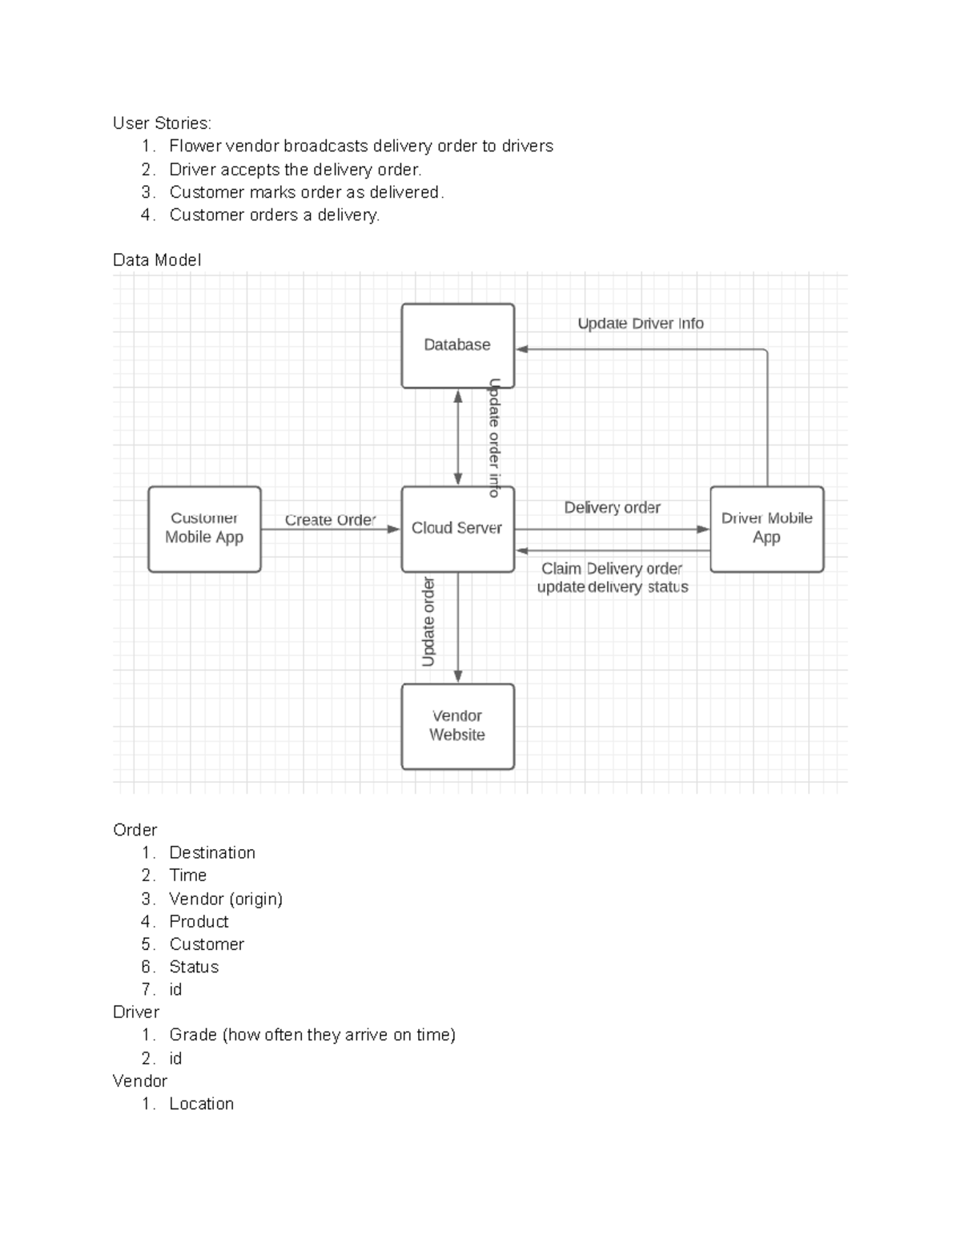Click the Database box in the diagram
(457, 345)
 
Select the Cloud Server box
(457, 529)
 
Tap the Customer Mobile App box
(204, 529)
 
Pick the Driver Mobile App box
(766, 529)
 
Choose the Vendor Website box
(457, 726)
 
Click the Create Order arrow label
(330, 520)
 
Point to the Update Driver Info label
(641, 324)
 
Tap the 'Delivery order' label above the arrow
(612, 508)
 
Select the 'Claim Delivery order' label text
(612, 569)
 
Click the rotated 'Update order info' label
(494, 437)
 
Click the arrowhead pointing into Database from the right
(522, 349)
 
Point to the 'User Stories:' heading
(163, 123)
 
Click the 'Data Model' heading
(157, 260)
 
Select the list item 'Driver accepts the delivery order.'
(295, 170)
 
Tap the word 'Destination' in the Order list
(212, 853)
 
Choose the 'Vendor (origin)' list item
(226, 899)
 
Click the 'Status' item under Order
(194, 967)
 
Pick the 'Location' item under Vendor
(202, 1104)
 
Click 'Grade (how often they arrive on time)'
(312, 1035)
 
